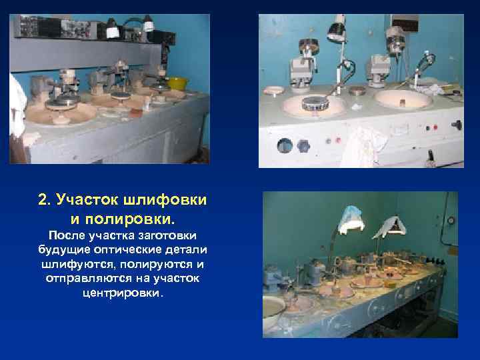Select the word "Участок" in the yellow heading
click(87, 200)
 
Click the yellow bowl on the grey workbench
click(177, 83)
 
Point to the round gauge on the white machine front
click(285, 145)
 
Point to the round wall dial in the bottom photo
click(451, 219)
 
